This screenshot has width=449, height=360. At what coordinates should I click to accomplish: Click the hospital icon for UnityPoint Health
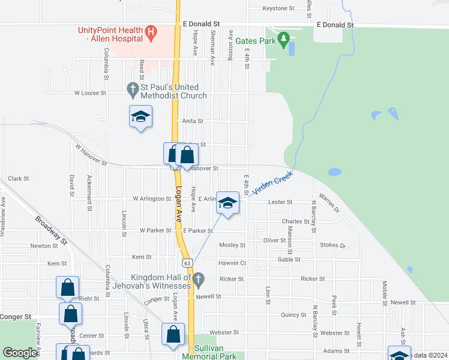pyautogui.click(x=152, y=31)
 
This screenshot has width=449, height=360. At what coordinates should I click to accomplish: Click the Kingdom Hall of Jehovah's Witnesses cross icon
pyautogui.click(x=199, y=279)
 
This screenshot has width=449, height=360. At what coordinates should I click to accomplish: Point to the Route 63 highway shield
pyautogui.click(x=188, y=263)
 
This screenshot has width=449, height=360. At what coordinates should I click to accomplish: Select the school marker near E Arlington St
pyautogui.click(x=228, y=203)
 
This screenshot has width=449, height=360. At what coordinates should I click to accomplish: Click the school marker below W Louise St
pyautogui.click(x=140, y=116)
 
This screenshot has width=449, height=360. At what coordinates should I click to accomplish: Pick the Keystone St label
pyautogui.click(x=279, y=8)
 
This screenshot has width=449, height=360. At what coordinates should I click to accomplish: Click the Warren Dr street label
pyautogui.click(x=329, y=202)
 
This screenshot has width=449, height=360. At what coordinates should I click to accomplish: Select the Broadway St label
pyautogui.click(x=50, y=231)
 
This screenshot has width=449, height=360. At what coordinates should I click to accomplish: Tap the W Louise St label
pyautogui.click(x=90, y=93)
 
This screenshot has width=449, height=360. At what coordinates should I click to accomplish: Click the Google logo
pyautogui.click(x=20, y=353)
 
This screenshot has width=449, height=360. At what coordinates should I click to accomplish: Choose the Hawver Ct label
pyautogui.click(x=232, y=263)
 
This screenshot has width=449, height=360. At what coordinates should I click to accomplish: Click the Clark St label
pyautogui.click(x=19, y=179)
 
